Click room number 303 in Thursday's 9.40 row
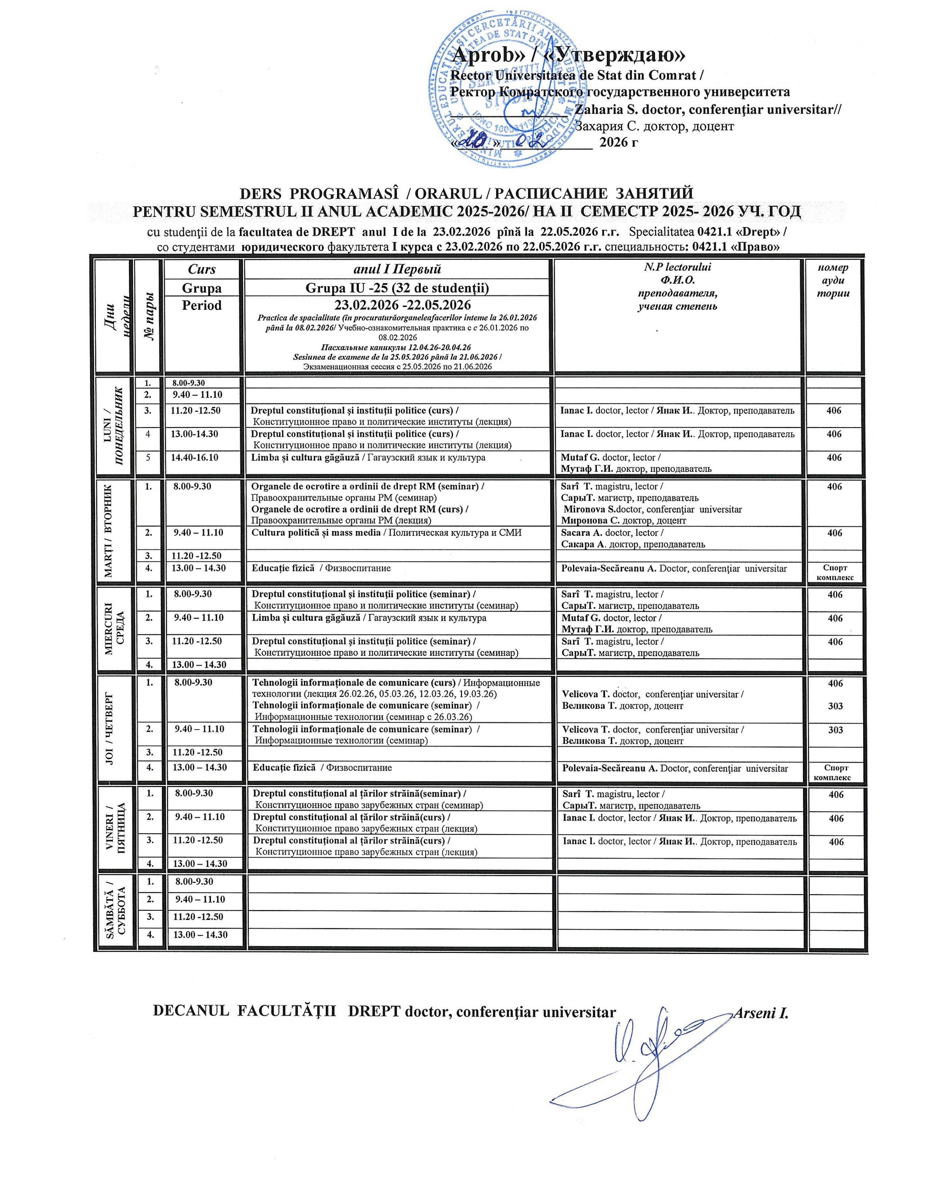[835, 729]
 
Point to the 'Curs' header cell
[202, 269]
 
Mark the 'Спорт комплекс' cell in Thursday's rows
[833, 772]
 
